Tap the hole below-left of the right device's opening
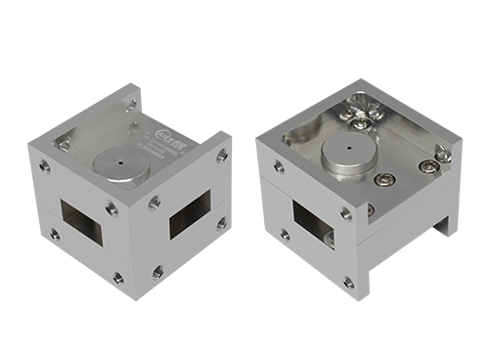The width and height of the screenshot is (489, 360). [x=284, y=234]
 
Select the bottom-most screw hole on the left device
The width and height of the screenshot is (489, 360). [x=118, y=276]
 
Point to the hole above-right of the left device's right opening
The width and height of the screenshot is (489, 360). [x=221, y=154]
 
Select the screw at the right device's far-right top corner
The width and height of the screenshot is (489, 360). [x=440, y=152]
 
